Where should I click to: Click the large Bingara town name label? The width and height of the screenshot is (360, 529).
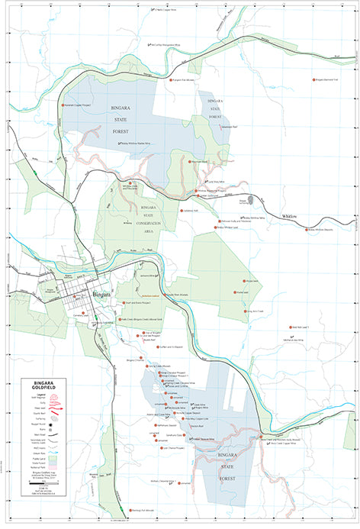tap(101, 295)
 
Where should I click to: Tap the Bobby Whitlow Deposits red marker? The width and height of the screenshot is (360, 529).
tap(306, 229)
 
